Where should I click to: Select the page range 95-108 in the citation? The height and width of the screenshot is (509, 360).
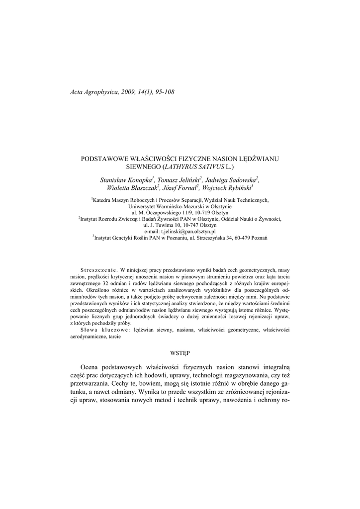(x=162, y=92)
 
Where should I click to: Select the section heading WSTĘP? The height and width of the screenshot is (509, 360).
(x=180, y=352)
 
